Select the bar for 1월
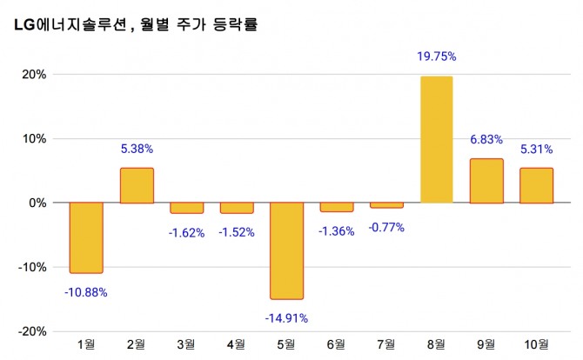point(87,237)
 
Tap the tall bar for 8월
point(437,139)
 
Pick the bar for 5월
point(286,250)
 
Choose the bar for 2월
point(137,185)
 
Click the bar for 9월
point(486,181)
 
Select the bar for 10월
point(537,185)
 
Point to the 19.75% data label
point(437,57)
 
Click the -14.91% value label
point(286,317)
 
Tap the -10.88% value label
point(86,292)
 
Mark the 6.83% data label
point(486,139)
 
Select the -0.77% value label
point(386,227)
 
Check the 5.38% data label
point(137,148)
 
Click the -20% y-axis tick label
point(32,331)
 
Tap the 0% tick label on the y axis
point(37,203)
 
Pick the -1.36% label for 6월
point(337,230)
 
